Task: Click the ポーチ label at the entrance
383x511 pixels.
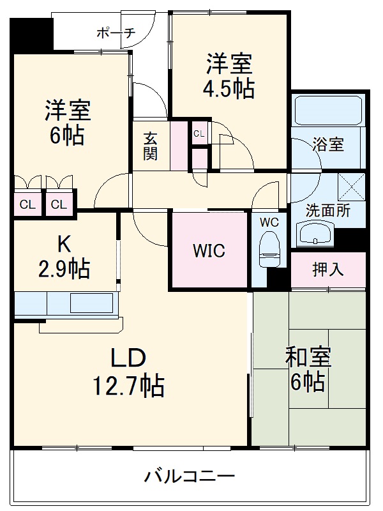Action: click(x=116, y=33)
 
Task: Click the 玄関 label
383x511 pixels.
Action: click(x=151, y=146)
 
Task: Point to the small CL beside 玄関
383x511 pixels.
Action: click(x=199, y=133)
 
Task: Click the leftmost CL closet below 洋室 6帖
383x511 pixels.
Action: click(x=27, y=204)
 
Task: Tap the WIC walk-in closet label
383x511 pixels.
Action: click(x=209, y=251)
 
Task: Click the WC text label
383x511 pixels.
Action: click(x=269, y=222)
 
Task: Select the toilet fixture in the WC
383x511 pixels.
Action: click(x=270, y=249)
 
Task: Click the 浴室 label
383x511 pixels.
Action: click(x=329, y=144)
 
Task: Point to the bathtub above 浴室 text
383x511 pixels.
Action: click(x=329, y=112)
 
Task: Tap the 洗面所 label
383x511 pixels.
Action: click(x=328, y=211)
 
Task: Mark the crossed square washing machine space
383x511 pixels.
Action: click(x=350, y=187)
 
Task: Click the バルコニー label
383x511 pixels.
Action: click(x=190, y=477)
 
